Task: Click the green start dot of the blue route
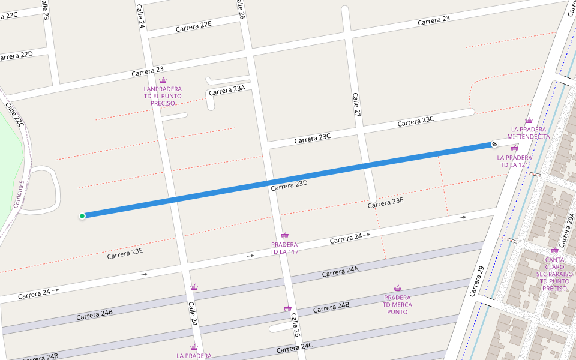(x=82, y=216)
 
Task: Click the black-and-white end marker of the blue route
(x=494, y=144)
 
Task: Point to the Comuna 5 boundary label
(x=17, y=194)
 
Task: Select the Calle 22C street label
(x=15, y=115)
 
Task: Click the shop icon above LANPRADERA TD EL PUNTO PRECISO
(x=163, y=80)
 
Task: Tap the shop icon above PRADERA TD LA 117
(x=284, y=236)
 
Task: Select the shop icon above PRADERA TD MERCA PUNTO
(x=397, y=289)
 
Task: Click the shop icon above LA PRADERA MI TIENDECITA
(x=529, y=121)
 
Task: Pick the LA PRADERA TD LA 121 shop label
(x=514, y=161)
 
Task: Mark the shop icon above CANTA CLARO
(x=554, y=251)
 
